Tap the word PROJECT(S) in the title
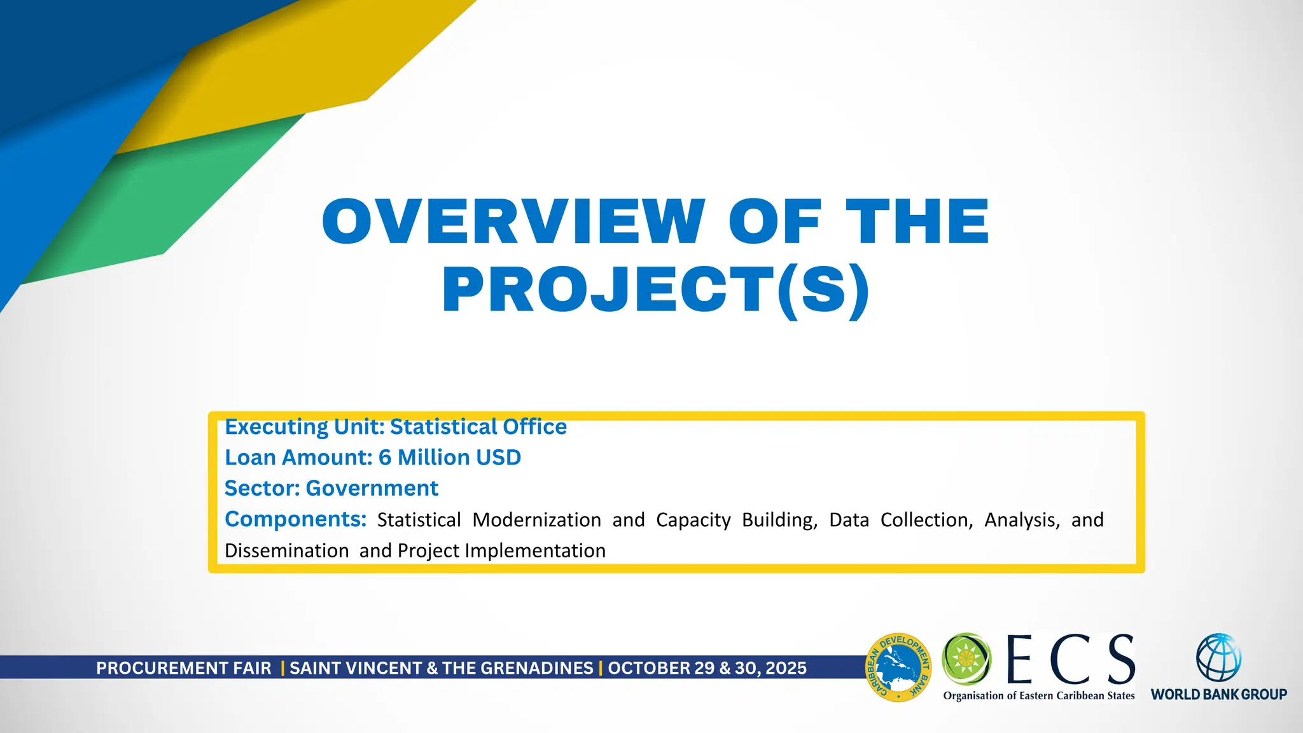pyautogui.click(x=655, y=290)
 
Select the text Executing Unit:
pyautogui.click(x=305, y=426)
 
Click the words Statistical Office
pyautogui.click(x=478, y=426)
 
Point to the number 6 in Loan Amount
pyautogui.click(x=384, y=457)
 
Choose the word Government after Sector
pyautogui.click(x=372, y=488)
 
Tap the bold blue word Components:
pyautogui.click(x=295, y=519)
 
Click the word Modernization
pyautogui.click(x=536, y=520)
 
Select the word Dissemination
pyautogui.click(x=286, y=550)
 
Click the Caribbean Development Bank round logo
pyautogui.click(x=898, y=667)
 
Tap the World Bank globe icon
pyautogui.click(x=1218, y=658)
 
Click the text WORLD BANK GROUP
pyautogui.click(x=1218, y=694)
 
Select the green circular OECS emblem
pyautogui.click(x=966, y=658)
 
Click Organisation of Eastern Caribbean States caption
pyautogui.click(x=1038, y=695)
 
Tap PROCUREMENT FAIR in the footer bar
pyautogui.click(x=183, y=668)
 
